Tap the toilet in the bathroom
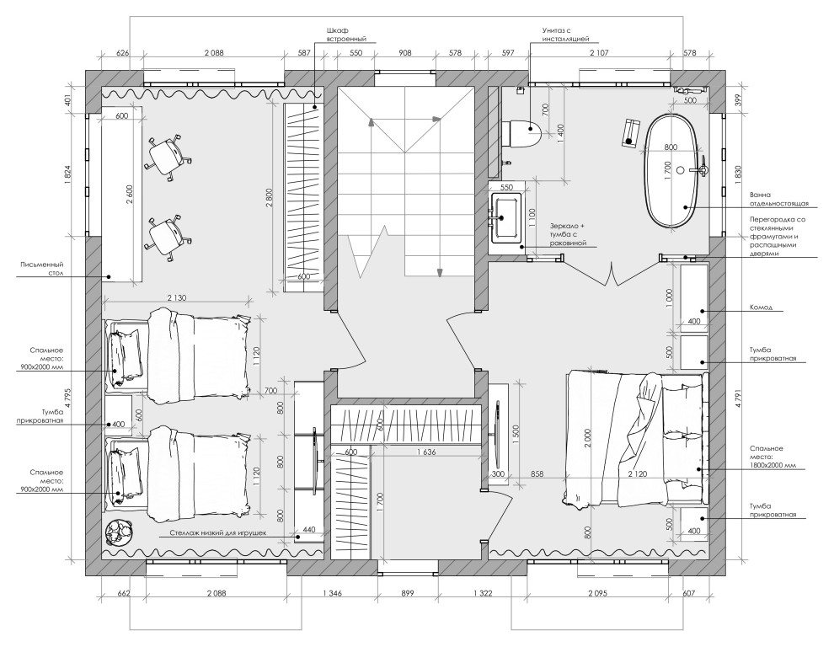(521, 134)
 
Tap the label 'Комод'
(761, 307)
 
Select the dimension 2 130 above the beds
(176, 298)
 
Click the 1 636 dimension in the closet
(426, 452)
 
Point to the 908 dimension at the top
(404, 53)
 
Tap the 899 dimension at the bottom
(407, 593)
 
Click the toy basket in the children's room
(119, 532)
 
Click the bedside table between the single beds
(119, 417)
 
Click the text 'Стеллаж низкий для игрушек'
(217, 532)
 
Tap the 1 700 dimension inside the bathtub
(669, 172)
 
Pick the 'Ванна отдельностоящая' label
(778, 199)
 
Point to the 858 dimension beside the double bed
(537, 474)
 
